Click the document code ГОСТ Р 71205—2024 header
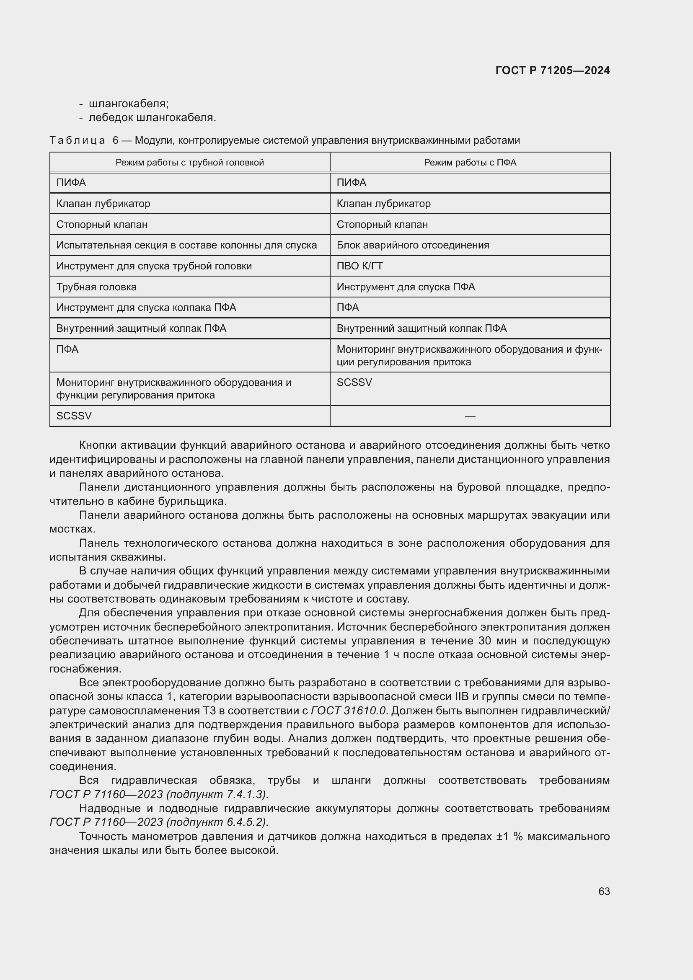coord(552,70)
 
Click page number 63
coord(604,891)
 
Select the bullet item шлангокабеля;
coord(129,104)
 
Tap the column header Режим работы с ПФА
coord(470,163)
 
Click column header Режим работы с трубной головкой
coord(189,163)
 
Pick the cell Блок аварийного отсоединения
coord(413,245)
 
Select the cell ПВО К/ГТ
coord(359,266)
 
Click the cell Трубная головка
coord(96,287)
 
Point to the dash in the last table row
coord(470,416)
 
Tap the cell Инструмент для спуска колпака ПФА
coord(146,307)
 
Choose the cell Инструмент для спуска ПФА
coord(406,287)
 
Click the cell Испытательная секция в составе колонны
coord(186,245)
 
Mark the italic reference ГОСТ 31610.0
coord(348,711)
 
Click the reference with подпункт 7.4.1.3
coord(159,794)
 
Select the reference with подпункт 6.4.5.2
coord(159,822)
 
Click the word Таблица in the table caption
coord(77,140)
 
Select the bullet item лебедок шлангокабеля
coord(152,118)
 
